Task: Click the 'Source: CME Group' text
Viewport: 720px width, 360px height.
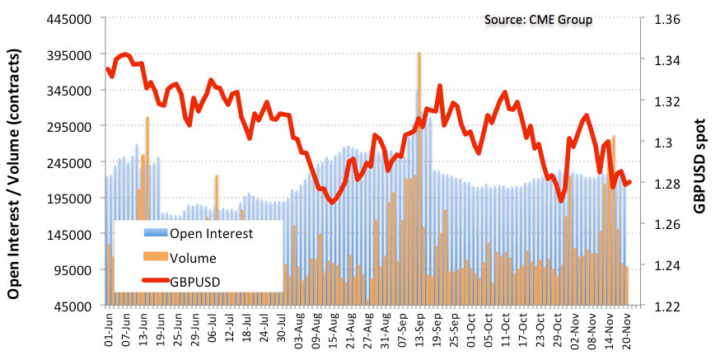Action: click(537, 19)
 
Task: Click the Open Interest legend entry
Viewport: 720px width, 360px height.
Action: click(210, 233)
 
